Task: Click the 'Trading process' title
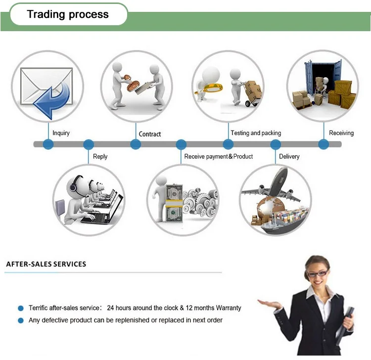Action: point(68,14)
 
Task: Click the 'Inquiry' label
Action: point(61,133)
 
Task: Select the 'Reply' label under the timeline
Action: point(100,156)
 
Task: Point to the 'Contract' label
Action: point(150,134)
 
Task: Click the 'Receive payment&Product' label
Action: point(218,156)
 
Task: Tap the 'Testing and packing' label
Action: point(256,133)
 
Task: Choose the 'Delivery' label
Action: point(289,156)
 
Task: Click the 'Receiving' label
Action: point(341,133)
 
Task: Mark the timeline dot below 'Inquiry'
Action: point(48,144)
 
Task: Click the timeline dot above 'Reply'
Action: point(89,144)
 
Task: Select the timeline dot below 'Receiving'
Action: point(324,144)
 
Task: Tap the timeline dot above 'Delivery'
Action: point(276,144)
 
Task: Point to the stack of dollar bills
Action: point(174,203)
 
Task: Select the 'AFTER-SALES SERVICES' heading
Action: point(46,264)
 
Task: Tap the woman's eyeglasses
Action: point(317,272)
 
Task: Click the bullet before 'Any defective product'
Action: point(21,320)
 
